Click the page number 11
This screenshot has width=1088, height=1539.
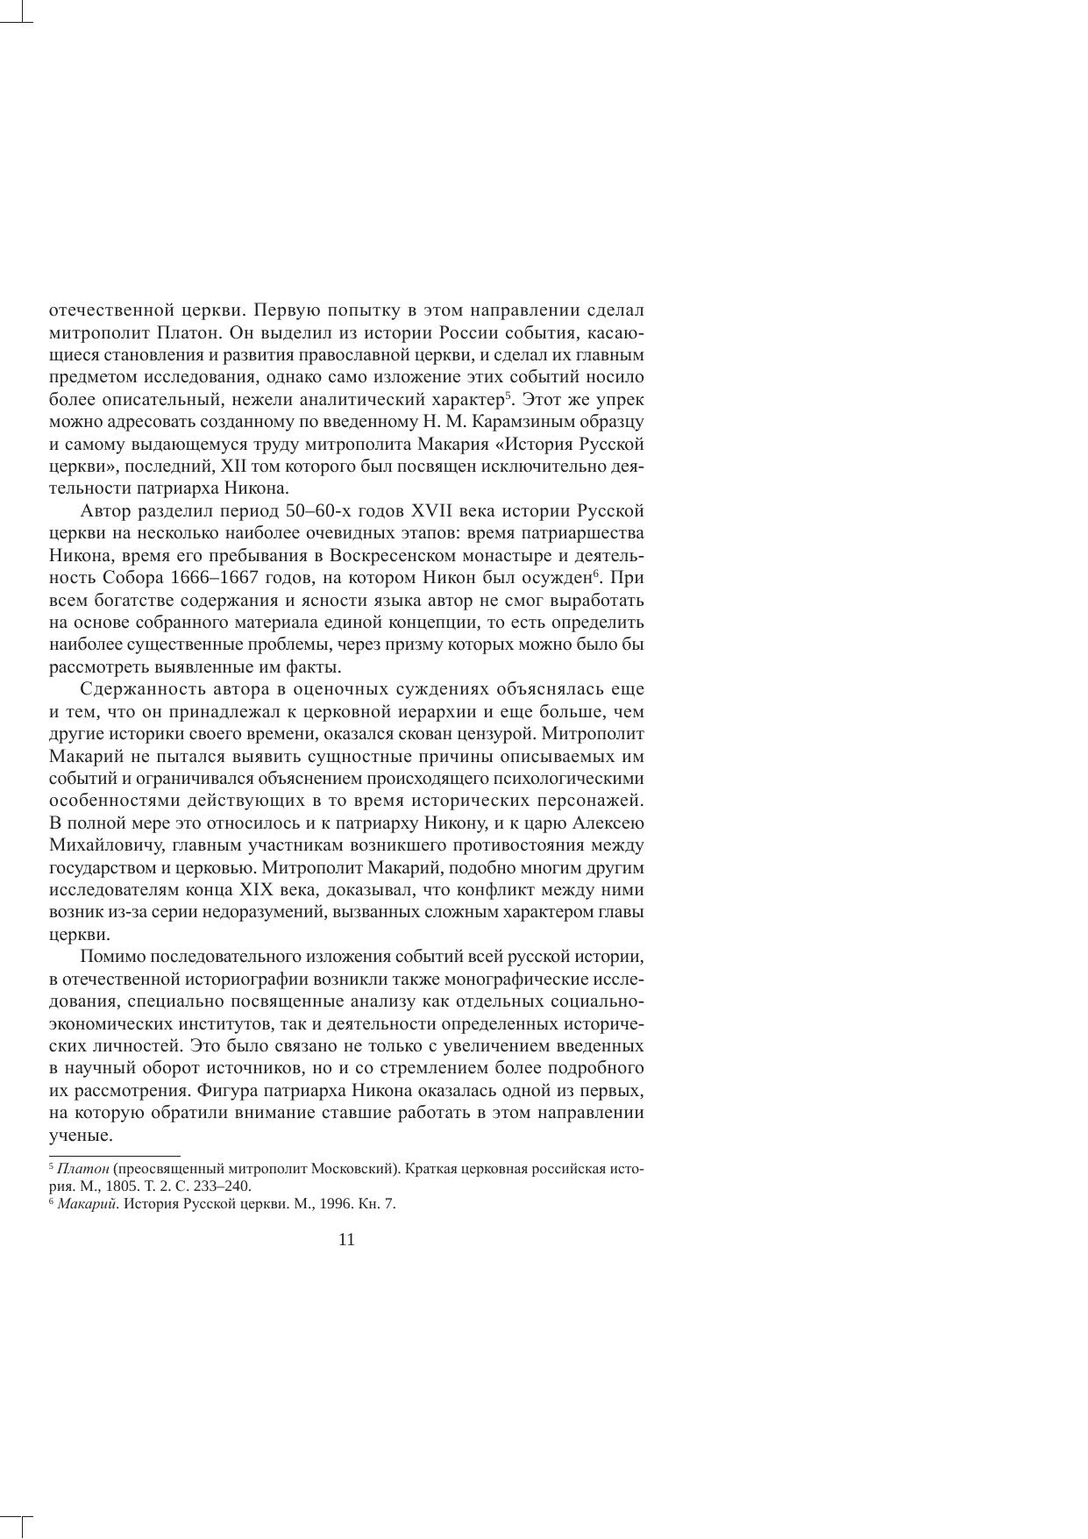click(x=346, y=1239)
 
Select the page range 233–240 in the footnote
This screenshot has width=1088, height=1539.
click(x=226, y=1186)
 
